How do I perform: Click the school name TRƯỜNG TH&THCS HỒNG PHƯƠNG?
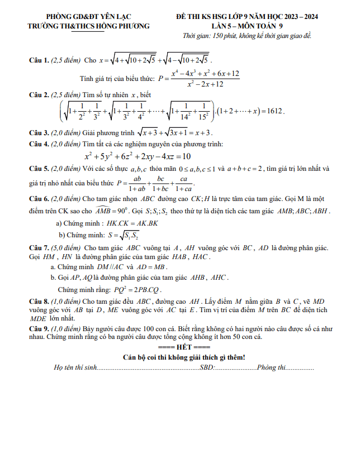89,26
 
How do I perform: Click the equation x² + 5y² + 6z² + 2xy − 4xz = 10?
138,156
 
